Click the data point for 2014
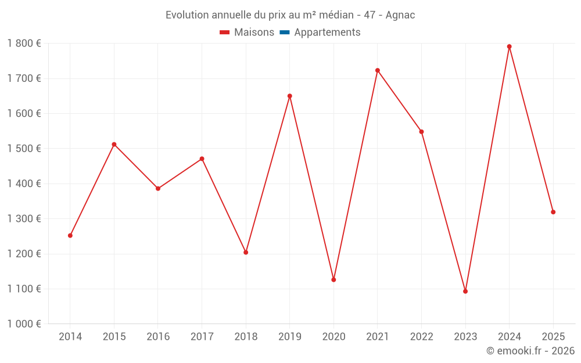coord(70,236)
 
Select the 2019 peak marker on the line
coord(290,96)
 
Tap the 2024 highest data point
coord(510,46)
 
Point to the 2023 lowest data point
coord(465,292)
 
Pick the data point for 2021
coord(378,70)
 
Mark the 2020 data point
coord(333,280)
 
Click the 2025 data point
coord(553,212)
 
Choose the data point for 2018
coord(246,253)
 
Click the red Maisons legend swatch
coord(225,33)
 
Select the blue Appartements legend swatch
coord(285,33)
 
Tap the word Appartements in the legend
coord(327,33)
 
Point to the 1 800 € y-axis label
coord(24,44)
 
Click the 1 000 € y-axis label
coord(24,324)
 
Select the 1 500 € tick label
coord(24,149)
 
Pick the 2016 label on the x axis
coord(158,337)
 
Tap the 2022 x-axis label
coord(422,337)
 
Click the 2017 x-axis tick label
coord(202,337)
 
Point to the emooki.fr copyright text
coord(530,351)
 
